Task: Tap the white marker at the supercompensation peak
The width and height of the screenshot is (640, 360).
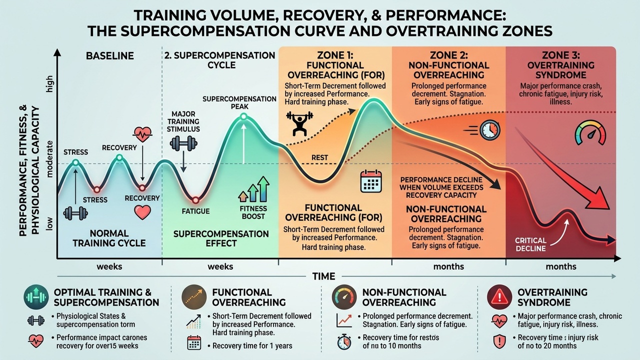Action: point(243,117)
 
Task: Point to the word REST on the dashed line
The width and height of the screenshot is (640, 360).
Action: point(320,157)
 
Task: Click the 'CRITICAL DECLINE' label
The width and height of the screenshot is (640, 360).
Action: point(530,244)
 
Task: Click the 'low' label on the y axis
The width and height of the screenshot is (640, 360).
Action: point(49,225)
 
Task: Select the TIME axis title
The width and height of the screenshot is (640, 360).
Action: point(324,276)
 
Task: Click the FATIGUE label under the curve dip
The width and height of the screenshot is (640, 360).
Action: point(195,211)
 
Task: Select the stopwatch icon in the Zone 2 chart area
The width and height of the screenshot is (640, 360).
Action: point(488,129)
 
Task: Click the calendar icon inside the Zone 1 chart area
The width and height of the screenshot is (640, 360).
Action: point(370,181)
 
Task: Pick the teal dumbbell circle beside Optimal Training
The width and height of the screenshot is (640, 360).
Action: point(35,297)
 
